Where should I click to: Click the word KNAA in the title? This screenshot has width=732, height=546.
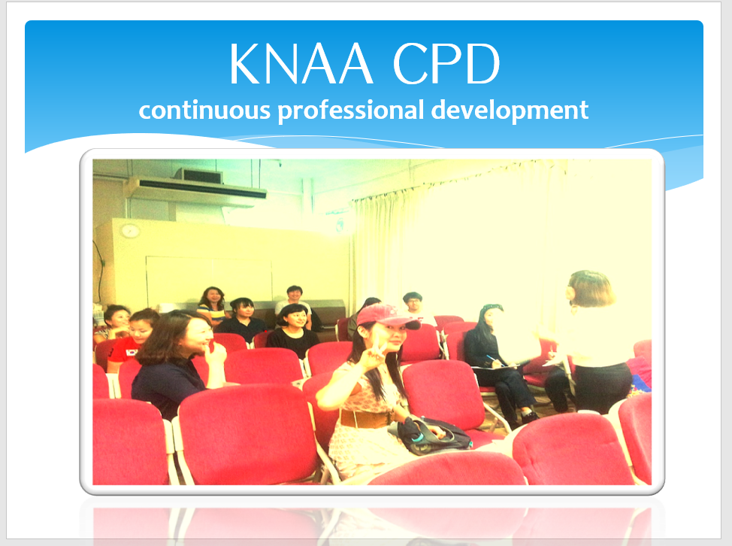(301, 63)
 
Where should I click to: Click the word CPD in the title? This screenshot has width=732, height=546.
(446, 63)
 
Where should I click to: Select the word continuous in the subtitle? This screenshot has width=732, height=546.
(204, 111)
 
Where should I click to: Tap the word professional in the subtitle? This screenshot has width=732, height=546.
(351, 111)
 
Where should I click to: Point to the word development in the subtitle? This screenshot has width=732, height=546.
(510, 111)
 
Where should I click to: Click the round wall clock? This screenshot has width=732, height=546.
(130, 230)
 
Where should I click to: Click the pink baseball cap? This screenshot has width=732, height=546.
(386, 316)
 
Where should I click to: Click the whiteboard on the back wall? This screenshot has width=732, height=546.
(209, 279)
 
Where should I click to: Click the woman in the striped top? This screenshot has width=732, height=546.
(213, 306)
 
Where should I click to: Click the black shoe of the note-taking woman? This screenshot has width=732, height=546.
(529, 416)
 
